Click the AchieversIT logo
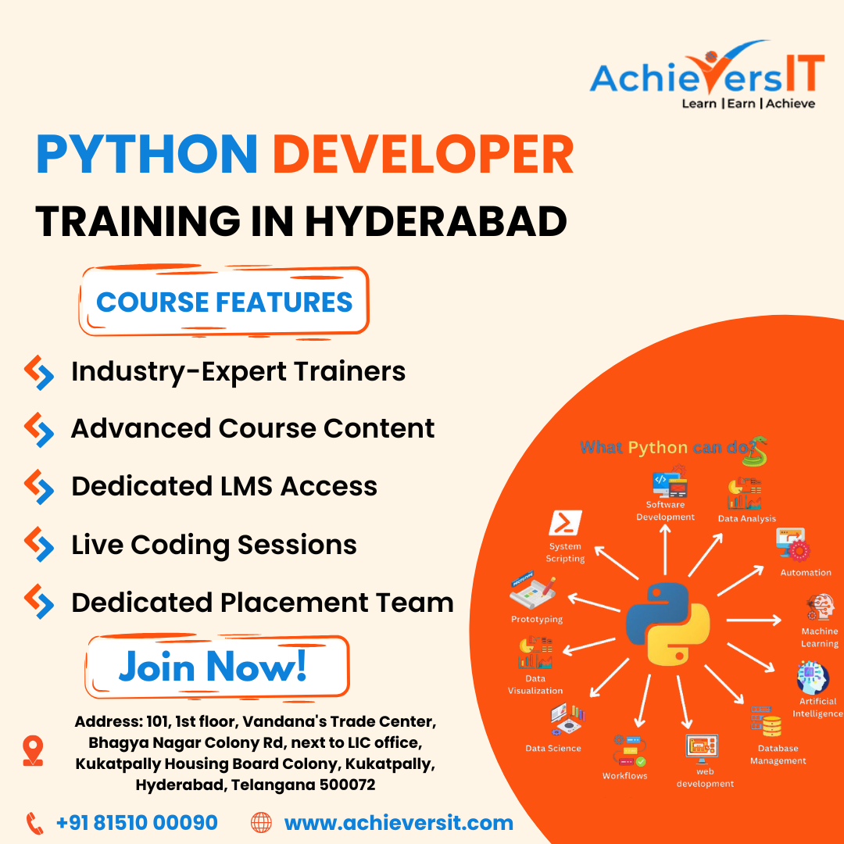[x=706, y=74]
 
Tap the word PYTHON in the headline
[x=147, y=155]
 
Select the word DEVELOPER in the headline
[x=423, y=155]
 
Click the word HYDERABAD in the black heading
[x=436, y=220]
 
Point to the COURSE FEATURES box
[x=224, y=302]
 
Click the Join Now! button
[x=217, y=667]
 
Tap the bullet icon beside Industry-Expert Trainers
[x=39, y=372]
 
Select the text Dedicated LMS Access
[x=224, y=486]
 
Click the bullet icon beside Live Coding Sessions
[x=39, y=544]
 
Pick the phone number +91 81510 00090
[x=137, y=822]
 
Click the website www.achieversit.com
[x=399, y=823]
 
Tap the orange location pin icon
[x=33, y=750]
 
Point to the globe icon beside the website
[x=262, y=823]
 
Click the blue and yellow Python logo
[x=667, y=624]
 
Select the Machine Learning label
[x=819, y=638]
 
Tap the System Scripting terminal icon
[x=565, y=522]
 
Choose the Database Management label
[x=778, y=754]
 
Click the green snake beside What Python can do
[x=756, y=451]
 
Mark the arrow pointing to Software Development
[x=665, y=549]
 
